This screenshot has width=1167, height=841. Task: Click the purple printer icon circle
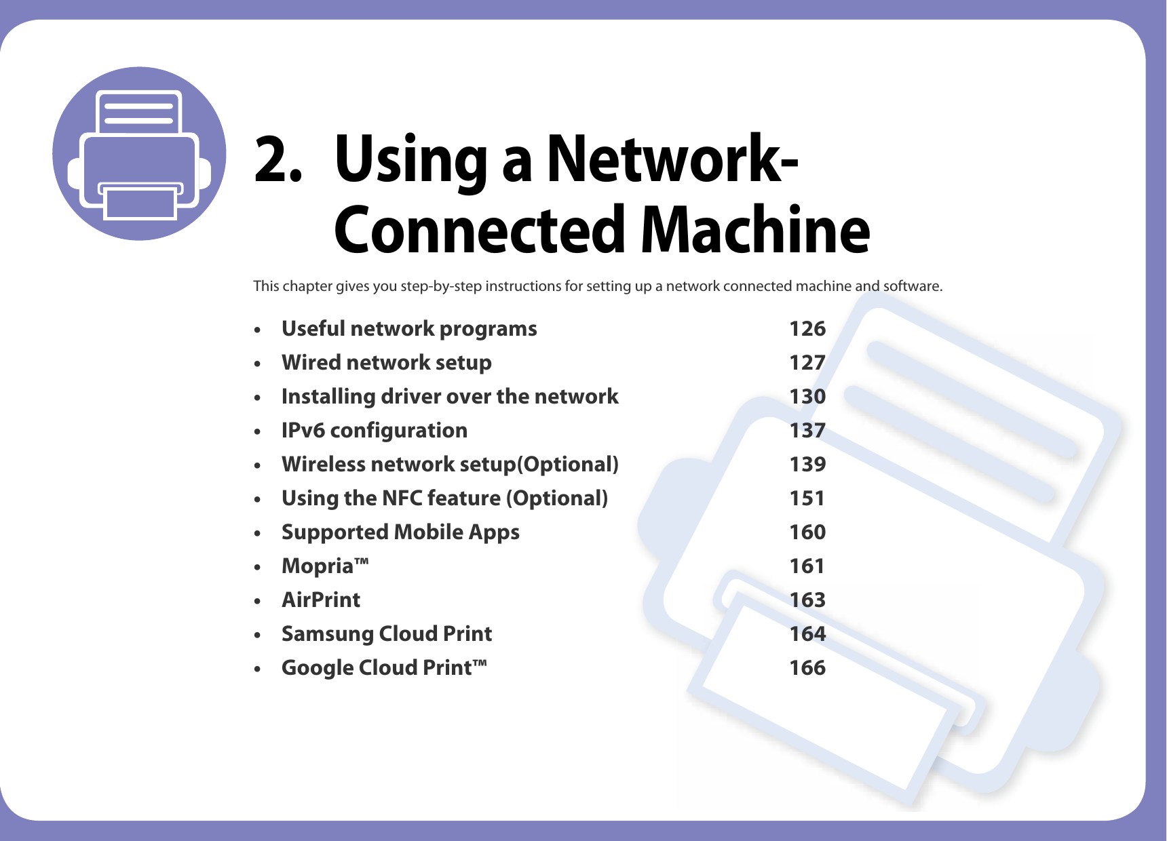click(x=139, y=153)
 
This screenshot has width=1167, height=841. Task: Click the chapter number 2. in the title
click(x=277, y=160)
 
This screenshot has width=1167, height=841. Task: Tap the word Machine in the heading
click(x=754, y=231)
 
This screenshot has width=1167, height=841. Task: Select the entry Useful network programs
click(x=409, y=329)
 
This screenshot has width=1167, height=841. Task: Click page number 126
click(x=807, y=329)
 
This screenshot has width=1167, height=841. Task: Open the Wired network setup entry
click(x=386, y=363)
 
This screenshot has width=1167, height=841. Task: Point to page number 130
click(x=807, y=397)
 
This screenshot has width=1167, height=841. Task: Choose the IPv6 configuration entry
click(x=374, y=431)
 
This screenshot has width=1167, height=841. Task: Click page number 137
click(x=807, y=431)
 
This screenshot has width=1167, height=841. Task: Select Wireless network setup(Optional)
click(x=450, y=465)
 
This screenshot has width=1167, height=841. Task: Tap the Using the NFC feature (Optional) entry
click(x=444, y=498)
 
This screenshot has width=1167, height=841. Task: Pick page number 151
click(x=807, y=498)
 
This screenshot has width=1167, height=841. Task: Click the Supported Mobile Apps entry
click(x=400, y=532)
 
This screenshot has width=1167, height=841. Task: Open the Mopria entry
click(x=324, y=566)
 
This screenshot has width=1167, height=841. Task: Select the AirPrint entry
click(x=321, y=600)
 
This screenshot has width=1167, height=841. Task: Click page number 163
click(x=807, y=600)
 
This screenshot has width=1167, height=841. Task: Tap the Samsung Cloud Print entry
click(x=387, y=634)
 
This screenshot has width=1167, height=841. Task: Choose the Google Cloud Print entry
click(x=383, y=668)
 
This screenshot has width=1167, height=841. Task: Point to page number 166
click(x=807, y=668)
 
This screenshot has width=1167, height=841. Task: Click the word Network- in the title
click(x=672, y=160)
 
